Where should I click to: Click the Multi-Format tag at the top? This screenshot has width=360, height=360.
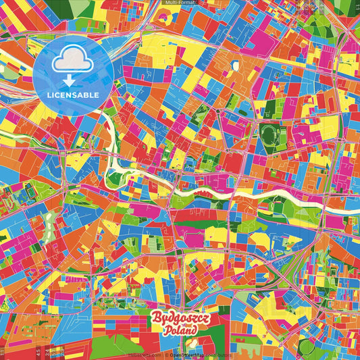tap(180, 3)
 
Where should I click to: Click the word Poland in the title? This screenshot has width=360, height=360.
tap(180, 331)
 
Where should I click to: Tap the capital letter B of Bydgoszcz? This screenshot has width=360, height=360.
tap(154, 319)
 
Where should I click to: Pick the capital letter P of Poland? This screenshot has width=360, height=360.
tap(165, 331)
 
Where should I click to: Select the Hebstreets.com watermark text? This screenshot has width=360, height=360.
tap(142, 354)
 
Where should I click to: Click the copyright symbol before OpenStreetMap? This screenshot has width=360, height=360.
tap(165, 354)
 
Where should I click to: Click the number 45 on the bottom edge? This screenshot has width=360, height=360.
tap(38, 353)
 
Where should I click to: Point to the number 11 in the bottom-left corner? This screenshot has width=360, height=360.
tap(3, 353)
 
